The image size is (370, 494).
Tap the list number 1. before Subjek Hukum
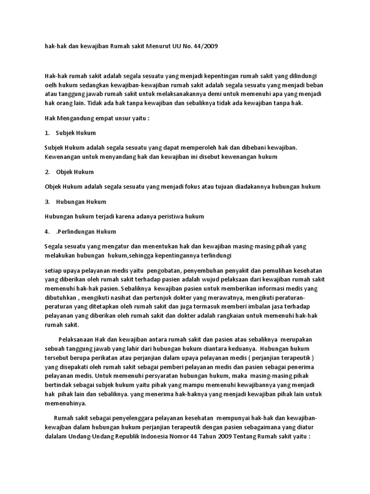47,133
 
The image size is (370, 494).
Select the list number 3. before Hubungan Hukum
47,201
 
